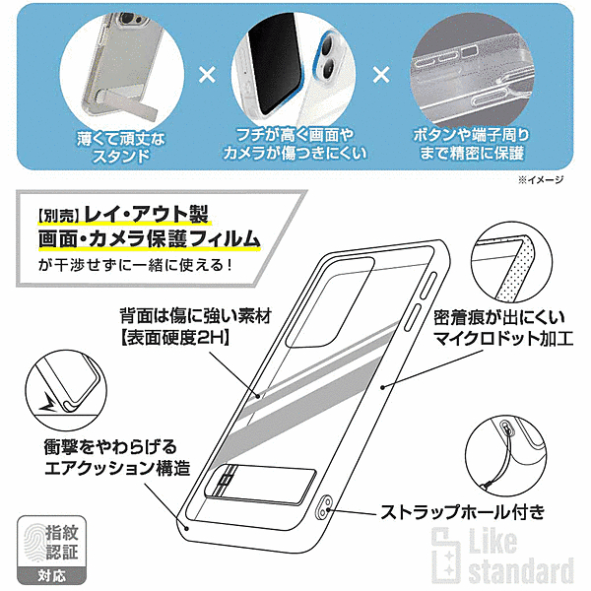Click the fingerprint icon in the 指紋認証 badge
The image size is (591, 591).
coord(33,543)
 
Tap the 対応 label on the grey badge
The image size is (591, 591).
coord(51,575)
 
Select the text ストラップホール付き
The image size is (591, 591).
coord(463,512)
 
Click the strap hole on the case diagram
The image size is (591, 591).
coord(324,508)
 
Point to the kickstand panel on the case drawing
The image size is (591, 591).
coord(260,485)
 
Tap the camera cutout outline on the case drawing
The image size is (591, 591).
coord(329,302)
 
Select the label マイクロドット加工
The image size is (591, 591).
coord(503,338)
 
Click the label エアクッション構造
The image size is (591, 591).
coord(117,469)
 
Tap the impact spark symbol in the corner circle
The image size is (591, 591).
coord(48,403)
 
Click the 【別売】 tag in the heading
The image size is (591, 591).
coord(58,216)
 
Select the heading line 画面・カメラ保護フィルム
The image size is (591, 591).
coord(150,239)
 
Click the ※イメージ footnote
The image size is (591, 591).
coord(541,180)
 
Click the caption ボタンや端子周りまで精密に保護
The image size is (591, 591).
coord(471,144)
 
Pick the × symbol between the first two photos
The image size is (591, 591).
coord(207,75)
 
